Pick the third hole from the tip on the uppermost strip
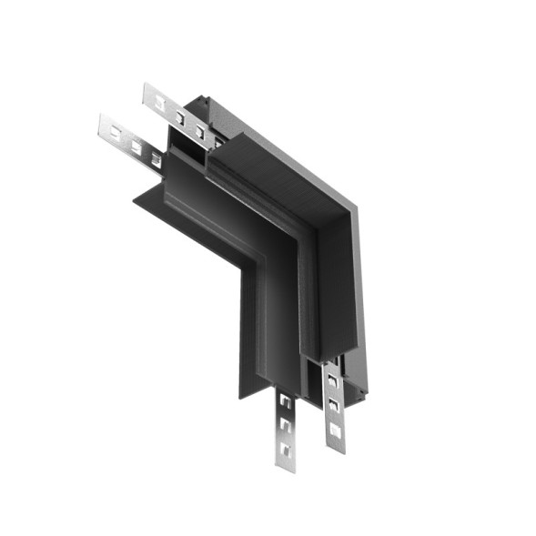pyautogui.click(x=198, y=133)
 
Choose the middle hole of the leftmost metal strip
pyautogui.click(x=136, y=147)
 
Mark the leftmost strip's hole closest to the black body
pyautogui.click(x=154, y=160)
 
